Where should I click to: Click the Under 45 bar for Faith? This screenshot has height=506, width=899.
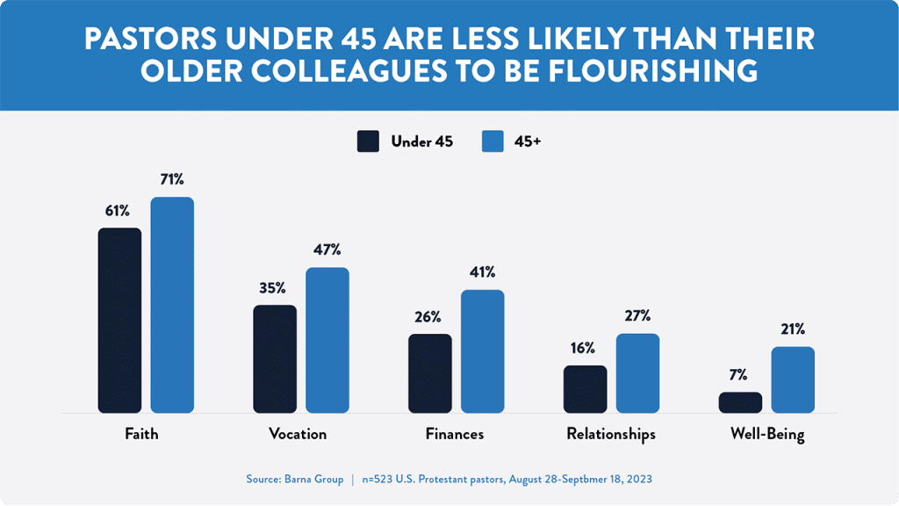(119, 320)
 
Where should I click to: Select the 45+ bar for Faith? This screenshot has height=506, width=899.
(172, 305)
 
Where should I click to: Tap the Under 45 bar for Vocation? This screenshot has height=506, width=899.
(275, 358)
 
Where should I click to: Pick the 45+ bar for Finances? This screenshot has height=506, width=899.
(483, 351)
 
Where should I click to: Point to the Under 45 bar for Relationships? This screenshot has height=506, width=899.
(585, 389)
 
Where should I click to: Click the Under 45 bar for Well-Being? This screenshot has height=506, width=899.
(740, 402)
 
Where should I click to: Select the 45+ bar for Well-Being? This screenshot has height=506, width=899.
(793, 379)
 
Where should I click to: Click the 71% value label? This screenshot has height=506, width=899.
(172, 180)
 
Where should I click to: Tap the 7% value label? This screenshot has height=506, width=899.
(740, 375)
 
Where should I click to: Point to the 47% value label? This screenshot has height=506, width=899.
(327, 250)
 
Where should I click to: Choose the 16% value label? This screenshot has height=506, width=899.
(585, 348)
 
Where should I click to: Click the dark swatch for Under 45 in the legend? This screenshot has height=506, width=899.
(368, 141)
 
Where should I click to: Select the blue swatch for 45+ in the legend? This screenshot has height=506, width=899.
(493, 141)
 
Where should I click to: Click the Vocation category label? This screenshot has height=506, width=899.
(297, 434)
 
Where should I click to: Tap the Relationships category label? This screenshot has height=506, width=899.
(611, 434)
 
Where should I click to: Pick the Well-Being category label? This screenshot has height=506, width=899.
(767, 434)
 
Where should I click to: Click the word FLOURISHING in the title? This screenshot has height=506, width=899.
(649, 70)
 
